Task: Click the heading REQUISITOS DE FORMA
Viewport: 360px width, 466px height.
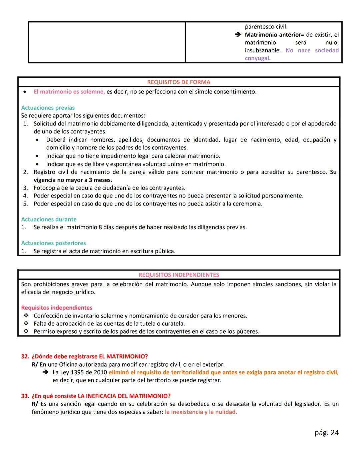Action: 179,82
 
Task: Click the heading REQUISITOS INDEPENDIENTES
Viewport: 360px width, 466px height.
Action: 179,275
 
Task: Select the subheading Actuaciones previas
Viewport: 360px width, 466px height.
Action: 48,108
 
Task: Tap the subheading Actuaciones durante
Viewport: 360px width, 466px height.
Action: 49,219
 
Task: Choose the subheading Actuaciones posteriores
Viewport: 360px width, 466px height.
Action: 53,243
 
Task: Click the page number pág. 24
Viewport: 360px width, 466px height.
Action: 326,433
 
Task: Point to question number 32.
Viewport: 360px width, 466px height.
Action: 25,356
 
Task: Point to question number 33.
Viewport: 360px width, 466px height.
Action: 25,396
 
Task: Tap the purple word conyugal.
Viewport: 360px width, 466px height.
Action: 257,58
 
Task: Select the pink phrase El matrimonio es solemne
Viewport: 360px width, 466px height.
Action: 69,92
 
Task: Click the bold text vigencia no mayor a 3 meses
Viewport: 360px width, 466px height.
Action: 73,180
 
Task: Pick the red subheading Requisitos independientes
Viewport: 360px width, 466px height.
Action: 57,308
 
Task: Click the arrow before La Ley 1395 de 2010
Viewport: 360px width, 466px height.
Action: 46,372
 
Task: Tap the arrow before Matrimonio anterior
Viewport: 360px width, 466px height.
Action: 237,35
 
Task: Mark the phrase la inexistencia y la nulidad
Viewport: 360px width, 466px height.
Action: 201,412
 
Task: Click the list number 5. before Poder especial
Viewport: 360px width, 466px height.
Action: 25,204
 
